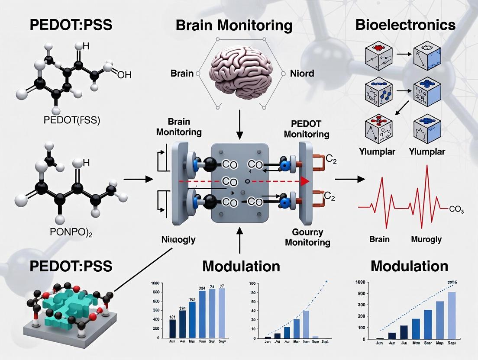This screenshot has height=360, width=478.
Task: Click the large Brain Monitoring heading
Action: coord(234,25)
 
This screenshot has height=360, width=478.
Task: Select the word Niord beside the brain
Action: coord(303,73)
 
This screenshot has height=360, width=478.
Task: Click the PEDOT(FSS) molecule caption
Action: coord(72,120)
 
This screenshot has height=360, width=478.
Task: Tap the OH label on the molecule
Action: coord(124,75)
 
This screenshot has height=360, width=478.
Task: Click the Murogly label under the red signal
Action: coord(426,239)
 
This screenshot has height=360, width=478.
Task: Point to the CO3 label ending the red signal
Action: coord(456,210)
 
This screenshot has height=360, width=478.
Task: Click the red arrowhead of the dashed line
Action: coord(305,181)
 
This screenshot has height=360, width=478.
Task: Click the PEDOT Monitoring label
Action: coord(307,129)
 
